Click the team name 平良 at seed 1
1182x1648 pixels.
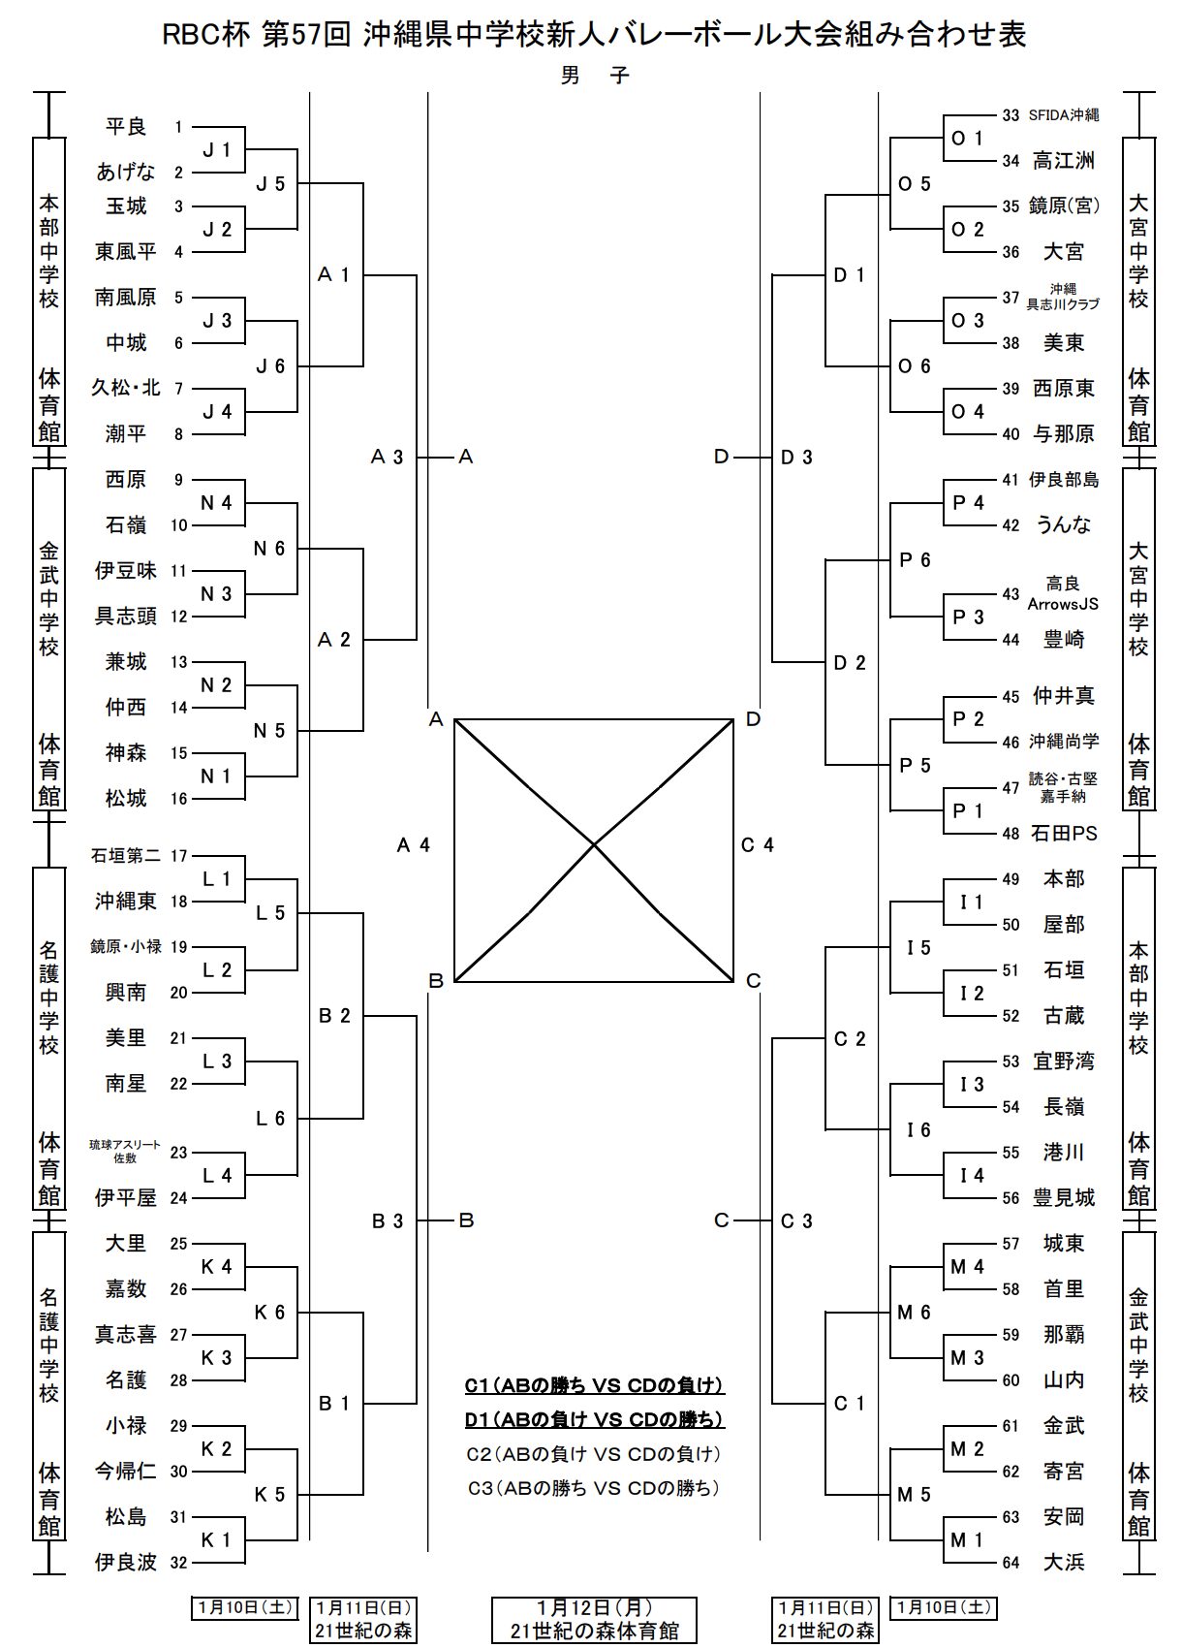[x=126, y=127]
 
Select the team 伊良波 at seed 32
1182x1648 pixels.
[x=126, y=1562]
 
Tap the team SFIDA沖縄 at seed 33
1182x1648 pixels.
[x=1063, y=115]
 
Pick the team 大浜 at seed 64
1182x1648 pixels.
[x=1063, y=1562]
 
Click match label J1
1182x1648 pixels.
[x=217, y=149]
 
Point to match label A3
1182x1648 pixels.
[x=387, y=457]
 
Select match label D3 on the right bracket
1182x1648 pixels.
[x=796, y=457]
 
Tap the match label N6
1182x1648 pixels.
[x=269, y=549]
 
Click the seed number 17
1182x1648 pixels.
[x=178, y=856]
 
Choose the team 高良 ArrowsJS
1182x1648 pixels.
[x=1063, y=593]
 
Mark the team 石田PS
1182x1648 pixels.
[x=1063, y=833]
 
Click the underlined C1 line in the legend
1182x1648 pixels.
[x=594, y=1386]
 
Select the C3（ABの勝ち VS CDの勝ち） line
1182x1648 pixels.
[x=594, y=1488]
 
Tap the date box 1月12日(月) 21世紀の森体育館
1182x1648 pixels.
[x=594, y=1620]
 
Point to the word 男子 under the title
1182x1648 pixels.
[x=594, y=76]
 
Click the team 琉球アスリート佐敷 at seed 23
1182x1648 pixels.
[x=126, y=1152]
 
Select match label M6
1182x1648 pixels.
[x=914, y=1313]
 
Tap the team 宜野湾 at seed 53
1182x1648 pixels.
[x=1063, y=1062]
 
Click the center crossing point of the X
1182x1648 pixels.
[x=594, y=845]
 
